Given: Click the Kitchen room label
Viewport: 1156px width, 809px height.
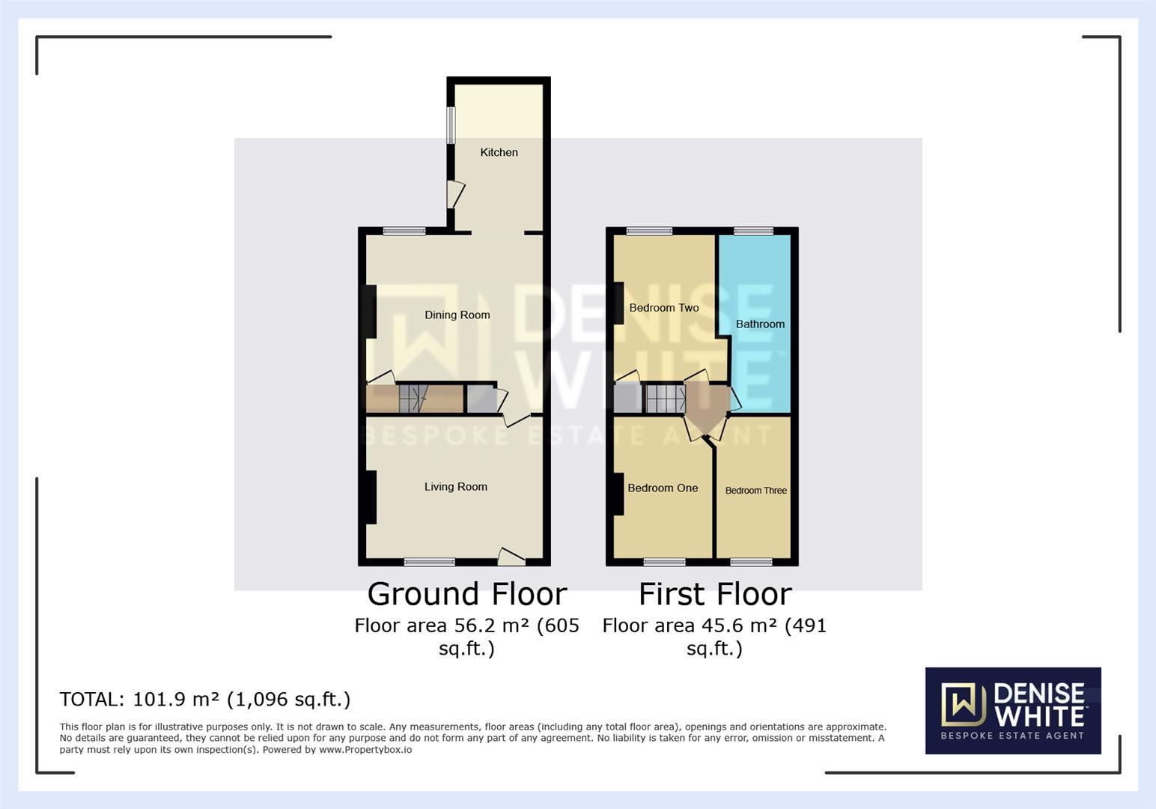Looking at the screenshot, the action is point(499,152).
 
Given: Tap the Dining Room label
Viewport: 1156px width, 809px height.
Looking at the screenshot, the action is point(457,315).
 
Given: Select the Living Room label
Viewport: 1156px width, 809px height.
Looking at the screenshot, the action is point(456,487).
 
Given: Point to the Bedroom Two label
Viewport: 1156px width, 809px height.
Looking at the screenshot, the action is point(663,308).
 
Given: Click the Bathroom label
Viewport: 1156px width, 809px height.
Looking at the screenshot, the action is point(760,324).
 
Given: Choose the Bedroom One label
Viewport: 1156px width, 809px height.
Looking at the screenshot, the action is point(663,488).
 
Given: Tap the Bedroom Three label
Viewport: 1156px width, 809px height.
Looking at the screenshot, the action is point(756,491).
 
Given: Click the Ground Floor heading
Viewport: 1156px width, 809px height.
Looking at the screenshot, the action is point(467,594).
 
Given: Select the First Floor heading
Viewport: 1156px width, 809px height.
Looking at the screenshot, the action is point(715,594).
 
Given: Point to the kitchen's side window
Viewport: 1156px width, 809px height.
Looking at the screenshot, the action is point(451,125).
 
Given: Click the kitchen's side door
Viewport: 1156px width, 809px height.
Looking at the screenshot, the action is point(455,195).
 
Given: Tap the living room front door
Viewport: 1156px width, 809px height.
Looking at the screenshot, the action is point(511,557).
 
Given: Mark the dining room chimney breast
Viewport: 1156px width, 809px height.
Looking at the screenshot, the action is point(371,312).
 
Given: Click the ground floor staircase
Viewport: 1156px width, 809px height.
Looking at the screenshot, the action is point(413,399).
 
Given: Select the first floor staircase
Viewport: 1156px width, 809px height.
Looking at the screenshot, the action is point(666,399).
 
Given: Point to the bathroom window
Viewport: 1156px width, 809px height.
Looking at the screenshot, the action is point(753,231).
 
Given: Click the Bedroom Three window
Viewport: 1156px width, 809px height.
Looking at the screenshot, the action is point(752,563).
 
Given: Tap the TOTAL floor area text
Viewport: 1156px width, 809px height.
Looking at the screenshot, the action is point(205,700).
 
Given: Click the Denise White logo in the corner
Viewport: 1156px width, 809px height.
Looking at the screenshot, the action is point(1013,710).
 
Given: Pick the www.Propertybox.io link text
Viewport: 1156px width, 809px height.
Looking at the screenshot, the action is point(365,750).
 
